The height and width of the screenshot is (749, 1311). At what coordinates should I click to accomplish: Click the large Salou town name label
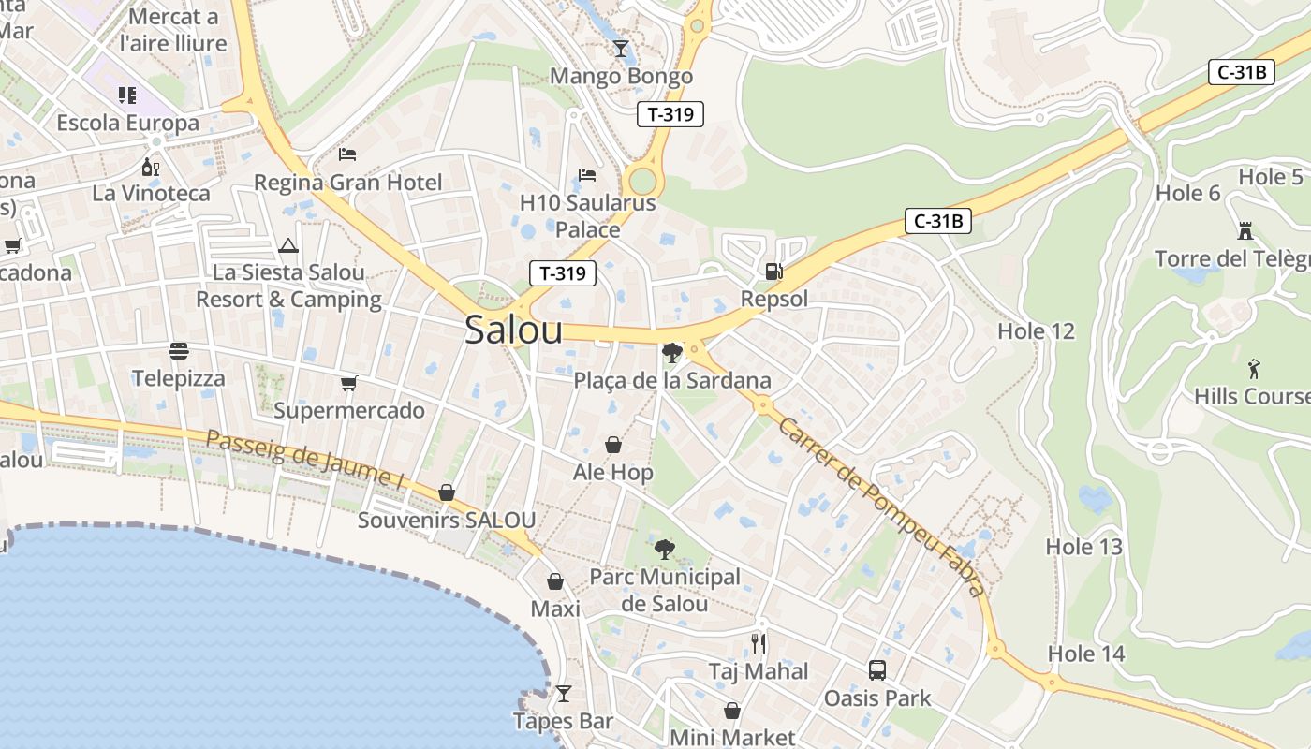click(x=513, y=330)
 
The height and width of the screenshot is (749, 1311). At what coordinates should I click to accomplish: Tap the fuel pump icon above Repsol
click(x=773, y=272)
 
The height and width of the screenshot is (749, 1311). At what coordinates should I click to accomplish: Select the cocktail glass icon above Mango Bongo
click(x=621, y=49)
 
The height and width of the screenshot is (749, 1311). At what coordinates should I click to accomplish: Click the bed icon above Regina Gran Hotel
click(x=347, y=154)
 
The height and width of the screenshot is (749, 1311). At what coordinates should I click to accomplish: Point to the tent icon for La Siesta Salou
click(x=288, y=246)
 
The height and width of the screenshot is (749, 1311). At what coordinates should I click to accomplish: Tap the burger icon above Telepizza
click(x=179, y=351)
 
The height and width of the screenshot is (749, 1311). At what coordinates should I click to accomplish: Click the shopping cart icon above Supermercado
click(x=349, y=383)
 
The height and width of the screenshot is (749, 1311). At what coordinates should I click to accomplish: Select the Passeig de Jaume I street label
click(x=304, y=460)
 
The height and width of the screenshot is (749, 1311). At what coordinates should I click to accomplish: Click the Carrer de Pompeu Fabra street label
click(x=880, y=506)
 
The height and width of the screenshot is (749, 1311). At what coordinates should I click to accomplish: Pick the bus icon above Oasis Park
click(x=877, y=670)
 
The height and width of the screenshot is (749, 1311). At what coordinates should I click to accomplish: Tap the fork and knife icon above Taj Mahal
click(x=759, y=644)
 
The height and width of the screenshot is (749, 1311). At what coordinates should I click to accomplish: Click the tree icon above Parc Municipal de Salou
click(x=665, y=549)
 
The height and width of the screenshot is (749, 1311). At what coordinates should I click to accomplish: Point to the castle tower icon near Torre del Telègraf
click(x=1245, y=230)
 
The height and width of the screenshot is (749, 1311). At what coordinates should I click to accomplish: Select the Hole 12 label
click(x=1036, y=330)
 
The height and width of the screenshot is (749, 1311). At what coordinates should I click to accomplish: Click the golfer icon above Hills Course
click(x=1254, y=368)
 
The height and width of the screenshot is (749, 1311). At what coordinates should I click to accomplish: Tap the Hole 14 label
click(x=1086, y=654)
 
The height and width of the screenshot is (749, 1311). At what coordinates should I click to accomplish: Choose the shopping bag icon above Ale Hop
click(x=613, y=445)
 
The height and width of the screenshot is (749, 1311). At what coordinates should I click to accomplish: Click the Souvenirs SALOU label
click(x=447, y=520)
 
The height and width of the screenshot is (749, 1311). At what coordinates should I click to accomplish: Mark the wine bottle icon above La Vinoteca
click(x=150, y=168)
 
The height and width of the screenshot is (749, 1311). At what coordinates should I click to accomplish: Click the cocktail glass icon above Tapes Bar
click(x=563, y=694)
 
